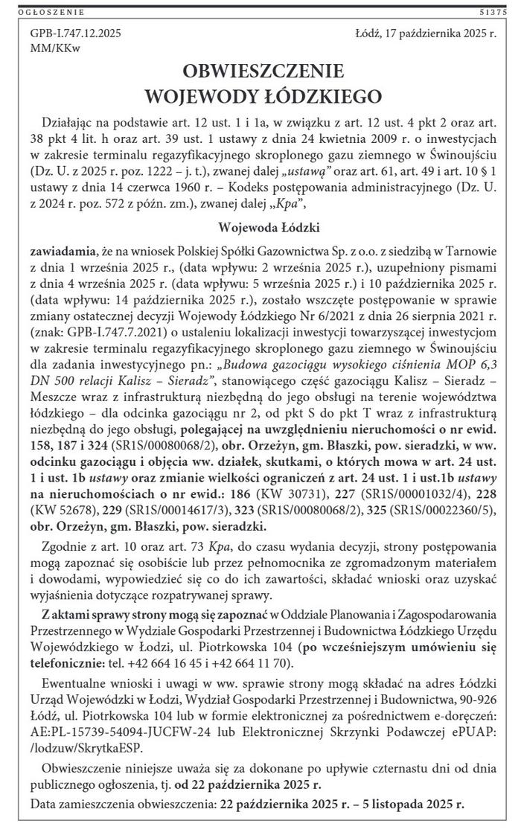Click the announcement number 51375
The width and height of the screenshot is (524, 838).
(494, 13)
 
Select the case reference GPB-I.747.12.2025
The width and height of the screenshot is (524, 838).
(76, 34)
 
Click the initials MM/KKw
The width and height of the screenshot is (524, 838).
(55, 48)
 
